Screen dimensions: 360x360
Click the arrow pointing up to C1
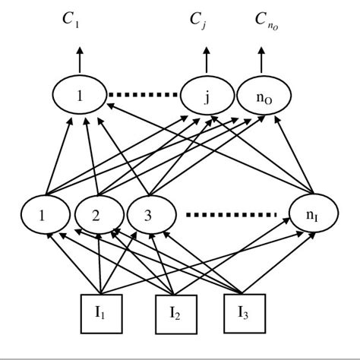pos(77,61)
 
